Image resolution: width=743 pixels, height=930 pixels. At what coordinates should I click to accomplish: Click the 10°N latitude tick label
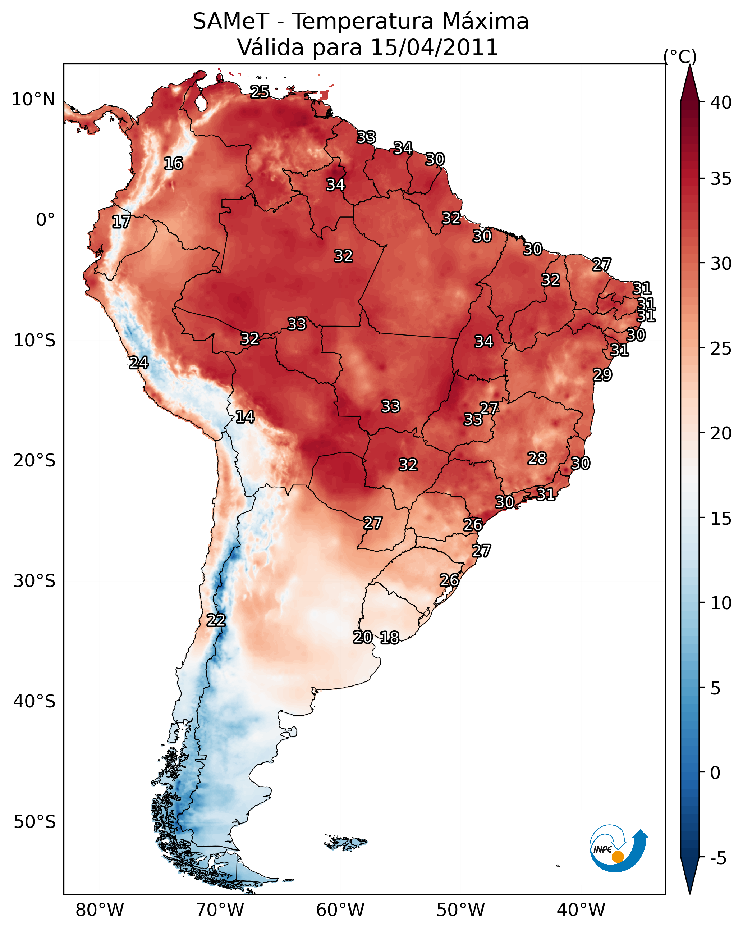(x=33, y=100)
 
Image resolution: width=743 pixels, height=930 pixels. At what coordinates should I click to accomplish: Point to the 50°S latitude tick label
(x=35, y=822)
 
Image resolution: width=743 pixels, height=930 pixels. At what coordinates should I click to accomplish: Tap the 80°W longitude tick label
(x=100, y=910)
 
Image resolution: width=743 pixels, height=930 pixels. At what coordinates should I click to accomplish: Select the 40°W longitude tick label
(x=581, y=910)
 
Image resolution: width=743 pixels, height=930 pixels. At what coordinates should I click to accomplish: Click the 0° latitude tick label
(x=45, y=220)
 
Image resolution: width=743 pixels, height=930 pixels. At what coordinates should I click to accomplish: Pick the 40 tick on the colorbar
(x=721, y=102)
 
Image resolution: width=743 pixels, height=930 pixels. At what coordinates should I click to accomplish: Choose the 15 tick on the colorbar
(x=721, y=519)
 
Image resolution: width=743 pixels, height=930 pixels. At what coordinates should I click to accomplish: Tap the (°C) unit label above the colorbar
(x=680, y=56)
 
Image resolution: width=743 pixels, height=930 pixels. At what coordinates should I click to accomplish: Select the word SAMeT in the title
(x=231, y=22)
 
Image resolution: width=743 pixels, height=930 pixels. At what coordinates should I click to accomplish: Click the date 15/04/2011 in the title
(x=434, y=47)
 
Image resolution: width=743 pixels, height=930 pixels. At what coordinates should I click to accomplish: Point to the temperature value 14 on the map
(x=245, y=417)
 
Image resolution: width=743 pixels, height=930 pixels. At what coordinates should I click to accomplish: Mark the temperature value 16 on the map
(x=173, y=164)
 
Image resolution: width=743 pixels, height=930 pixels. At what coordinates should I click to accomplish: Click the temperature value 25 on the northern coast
(x=260, y=92)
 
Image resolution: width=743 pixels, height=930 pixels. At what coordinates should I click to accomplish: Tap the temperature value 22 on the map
(x=216, y=620)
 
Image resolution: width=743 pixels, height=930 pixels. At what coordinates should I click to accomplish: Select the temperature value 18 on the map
(x=390, y=638)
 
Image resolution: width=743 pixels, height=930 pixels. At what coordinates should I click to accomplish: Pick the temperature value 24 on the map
(x=139, y=363)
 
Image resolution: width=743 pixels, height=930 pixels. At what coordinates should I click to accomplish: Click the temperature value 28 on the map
(x=537, y=459)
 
